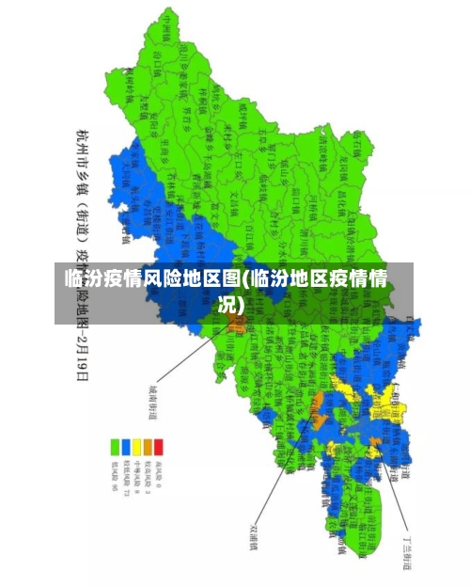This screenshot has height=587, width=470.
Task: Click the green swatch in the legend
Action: (x=117, y=447)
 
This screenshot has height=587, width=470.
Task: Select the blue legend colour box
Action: (x=127, y=447)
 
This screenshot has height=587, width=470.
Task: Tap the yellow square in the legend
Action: (x=137, y=447)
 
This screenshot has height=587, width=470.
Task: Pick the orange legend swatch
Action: (x=148, y=447)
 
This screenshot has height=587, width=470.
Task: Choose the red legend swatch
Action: (x=158, y=447)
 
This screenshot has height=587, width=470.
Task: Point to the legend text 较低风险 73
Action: (x=127, y=478)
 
